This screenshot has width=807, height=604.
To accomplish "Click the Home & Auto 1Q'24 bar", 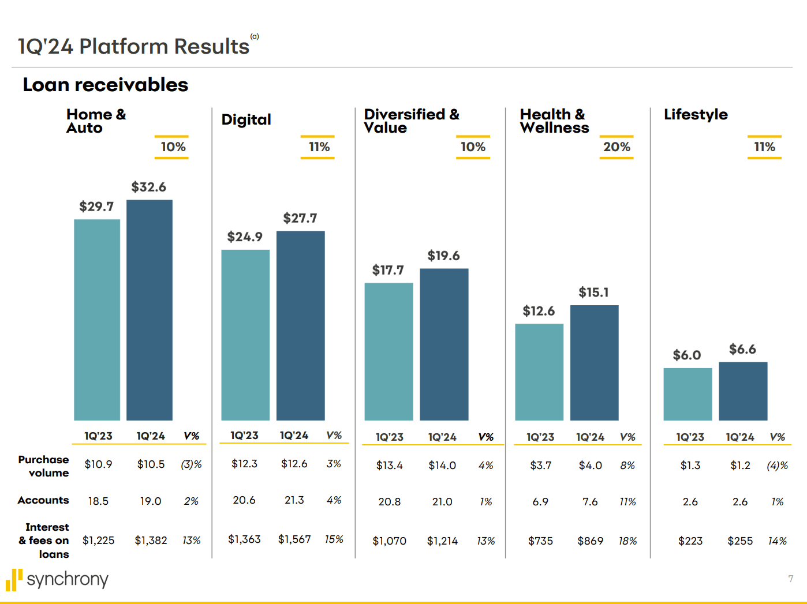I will (x=150, y=310).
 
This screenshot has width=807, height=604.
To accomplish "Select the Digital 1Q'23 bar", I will (x=245, y=335).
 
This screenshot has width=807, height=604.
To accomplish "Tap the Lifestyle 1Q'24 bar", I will (x=743, y=391).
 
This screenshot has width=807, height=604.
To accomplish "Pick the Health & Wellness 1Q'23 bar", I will (x=539, y=372).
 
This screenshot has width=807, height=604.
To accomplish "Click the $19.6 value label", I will (x=443, y=256).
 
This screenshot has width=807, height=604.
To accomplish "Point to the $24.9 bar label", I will (x=245, y=237).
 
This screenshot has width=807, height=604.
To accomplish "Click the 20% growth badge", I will (x=617, y=147).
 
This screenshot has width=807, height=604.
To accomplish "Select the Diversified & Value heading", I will (x=411, y=121).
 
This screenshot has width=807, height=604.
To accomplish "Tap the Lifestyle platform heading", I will (x=696, y=114).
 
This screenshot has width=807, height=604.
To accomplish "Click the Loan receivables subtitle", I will (x=106, y=85).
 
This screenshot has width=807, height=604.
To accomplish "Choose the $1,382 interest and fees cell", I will (x=151, y=541).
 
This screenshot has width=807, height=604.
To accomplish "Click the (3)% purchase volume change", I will (x=191, y=464).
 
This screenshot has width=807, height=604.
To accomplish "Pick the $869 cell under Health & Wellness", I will (x=590, y=541).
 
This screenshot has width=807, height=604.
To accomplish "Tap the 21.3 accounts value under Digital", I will (x=294, y=500).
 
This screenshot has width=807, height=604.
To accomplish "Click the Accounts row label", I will (x=43, y=500).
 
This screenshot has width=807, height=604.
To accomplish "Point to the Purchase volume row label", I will (x=44, y=466).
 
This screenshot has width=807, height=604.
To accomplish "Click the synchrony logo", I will (x=57, y=579).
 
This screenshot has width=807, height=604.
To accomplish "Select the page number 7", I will (x=790, y=579).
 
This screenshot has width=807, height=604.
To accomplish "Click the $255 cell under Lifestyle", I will (x=740, y=541).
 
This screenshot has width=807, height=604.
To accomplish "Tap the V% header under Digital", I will (x=334, y=436).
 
